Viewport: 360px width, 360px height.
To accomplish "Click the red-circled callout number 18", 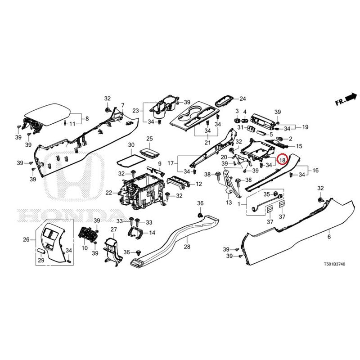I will click(283, 160).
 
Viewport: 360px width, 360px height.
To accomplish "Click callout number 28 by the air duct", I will click(187, 247).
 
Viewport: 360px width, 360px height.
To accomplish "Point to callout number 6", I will click(328, 236).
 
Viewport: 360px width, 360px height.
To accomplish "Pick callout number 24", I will click(243, 99).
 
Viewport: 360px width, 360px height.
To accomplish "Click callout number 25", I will click(150, 138).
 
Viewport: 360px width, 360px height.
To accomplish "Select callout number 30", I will click(131, 145).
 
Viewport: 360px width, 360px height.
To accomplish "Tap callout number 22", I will click(109, 193).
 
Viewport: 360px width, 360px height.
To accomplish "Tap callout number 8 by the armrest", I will click(87, 119).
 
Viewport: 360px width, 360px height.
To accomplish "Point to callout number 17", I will click(171, 163).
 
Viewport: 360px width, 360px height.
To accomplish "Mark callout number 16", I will click(315, 171).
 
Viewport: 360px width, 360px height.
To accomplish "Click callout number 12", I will click(199, 184).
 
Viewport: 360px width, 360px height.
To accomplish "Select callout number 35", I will click(266, 194).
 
